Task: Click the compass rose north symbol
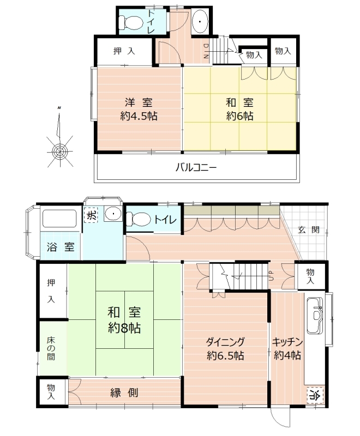pos(59,138)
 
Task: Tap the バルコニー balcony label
pos(196,168)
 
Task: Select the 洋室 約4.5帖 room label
pos(139,110)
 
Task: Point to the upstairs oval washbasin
pos(199,21)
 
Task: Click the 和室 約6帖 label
pos(239,110)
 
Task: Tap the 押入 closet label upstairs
pos(124,51)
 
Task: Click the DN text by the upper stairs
pos(206,51)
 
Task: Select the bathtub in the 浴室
pos(59,219)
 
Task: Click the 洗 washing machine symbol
pos(92,215)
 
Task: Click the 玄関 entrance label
pos(309,230)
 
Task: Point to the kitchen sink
pos(315,316)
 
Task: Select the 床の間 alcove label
pos(51,348)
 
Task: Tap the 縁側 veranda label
pos(124,392)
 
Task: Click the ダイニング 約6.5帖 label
pos(225,348)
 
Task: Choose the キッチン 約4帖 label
pos(287,348)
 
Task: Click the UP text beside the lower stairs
pos(272,276)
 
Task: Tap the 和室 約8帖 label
pos(124,320)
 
